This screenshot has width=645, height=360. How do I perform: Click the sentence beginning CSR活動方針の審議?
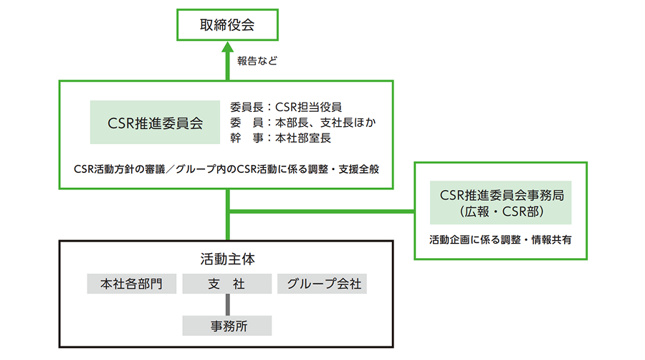click(x=226, y=170)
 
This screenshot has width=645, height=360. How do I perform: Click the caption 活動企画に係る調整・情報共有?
click(x=500, y=240)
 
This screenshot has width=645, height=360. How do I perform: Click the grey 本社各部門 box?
click(x=132, y=284)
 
